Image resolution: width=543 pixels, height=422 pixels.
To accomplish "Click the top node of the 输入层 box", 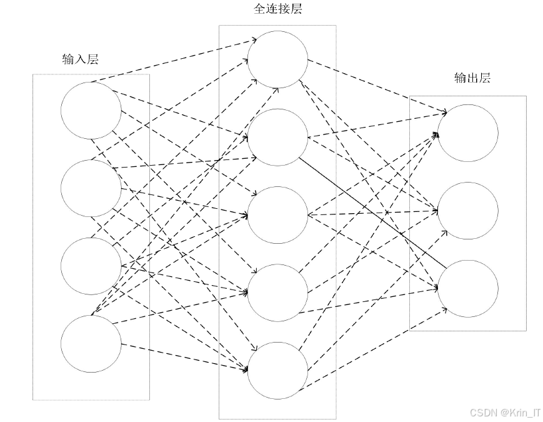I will (91, 111).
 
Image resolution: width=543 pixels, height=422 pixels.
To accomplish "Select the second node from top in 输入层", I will (91, 188).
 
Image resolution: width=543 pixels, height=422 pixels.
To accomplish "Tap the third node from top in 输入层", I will (91, 266).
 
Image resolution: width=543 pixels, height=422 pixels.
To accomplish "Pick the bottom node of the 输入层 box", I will (91, 343).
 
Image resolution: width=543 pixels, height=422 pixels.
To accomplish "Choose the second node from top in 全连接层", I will (277, 136).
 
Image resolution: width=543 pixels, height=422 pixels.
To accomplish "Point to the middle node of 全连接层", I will (277, 214).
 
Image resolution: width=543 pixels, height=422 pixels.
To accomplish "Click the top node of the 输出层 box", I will (468, 133).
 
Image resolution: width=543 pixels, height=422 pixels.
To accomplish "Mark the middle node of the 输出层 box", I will (468, 211).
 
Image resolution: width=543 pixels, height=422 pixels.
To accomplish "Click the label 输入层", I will (81, 59).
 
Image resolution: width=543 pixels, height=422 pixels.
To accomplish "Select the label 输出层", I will (472, 78).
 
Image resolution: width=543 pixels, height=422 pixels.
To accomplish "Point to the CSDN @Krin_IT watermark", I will (502, 413).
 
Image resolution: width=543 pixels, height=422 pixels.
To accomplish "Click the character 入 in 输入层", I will (81, 59).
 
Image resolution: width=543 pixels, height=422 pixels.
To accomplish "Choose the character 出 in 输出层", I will (472, 78).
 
